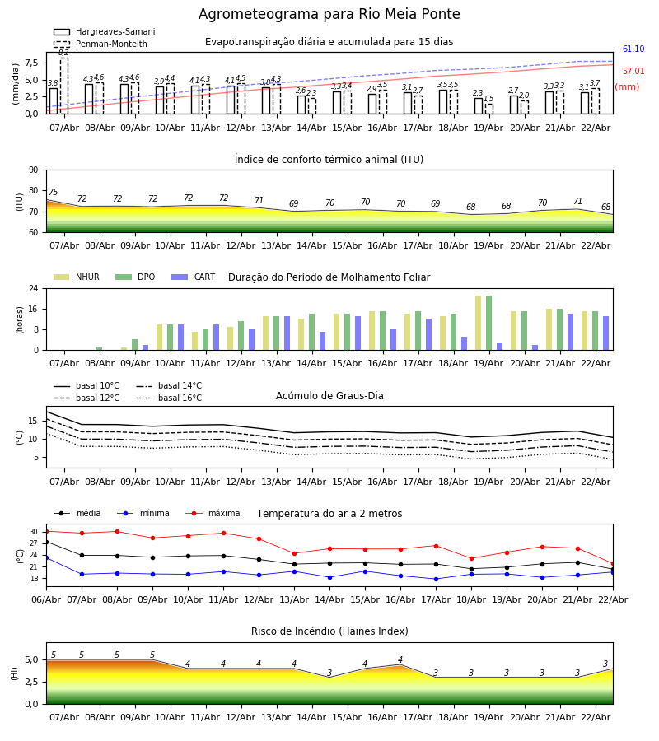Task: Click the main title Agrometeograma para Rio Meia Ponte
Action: click(x=329, y=15)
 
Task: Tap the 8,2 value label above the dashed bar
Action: click(x=63, y=53)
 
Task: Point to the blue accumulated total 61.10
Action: click(x=633, y=49)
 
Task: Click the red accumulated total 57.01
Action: click(x=633, y=72)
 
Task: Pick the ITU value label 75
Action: click(x=53, y=193)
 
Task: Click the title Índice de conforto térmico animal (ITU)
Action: click(x=329, y=160)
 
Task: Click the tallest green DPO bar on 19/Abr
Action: click(x=489, y=323)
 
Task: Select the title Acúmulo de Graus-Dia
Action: click(x=329, y=396)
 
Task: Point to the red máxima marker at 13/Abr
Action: click(x=294, y=553)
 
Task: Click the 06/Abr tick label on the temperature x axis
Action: click(x=46, y=599)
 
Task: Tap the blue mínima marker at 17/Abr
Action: click(x=436, y=579)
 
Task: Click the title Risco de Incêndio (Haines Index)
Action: click(x=329, y=631)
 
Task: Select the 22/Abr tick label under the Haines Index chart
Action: click(x=596, y=717)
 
